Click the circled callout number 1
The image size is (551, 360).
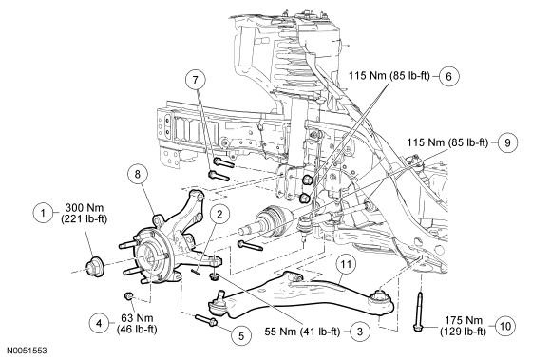pyautogui.click(x=43, y=213)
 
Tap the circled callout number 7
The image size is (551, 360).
pyautogui.click(x=196, y=80)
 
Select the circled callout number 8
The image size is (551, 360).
pyautogui.click(x=138, y=174)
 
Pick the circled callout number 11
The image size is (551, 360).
pyautogui.click(x=346, y=264)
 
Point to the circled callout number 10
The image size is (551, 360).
pyautogui.click(x=504, y=327)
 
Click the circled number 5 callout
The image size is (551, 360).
pyautogui.click(x=241, y=335)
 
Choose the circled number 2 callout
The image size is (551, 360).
pyautogui.click(x=219, y=215)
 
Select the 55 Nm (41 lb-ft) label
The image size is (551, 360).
pyautogui.click(x=302, y=332)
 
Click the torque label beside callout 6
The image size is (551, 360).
pyautogui.click(x=389, y=75)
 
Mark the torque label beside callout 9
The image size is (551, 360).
pyautogui.click(x=447, y=142)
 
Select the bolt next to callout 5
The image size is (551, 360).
pyautogui.click(x=206, y=320)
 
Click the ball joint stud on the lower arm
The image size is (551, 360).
pyautogui.click(x=221, y=295)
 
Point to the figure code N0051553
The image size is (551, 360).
pyautogui.click(x=28, y=351)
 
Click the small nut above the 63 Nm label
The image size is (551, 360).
pyautogui.click(x=129, y=295)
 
